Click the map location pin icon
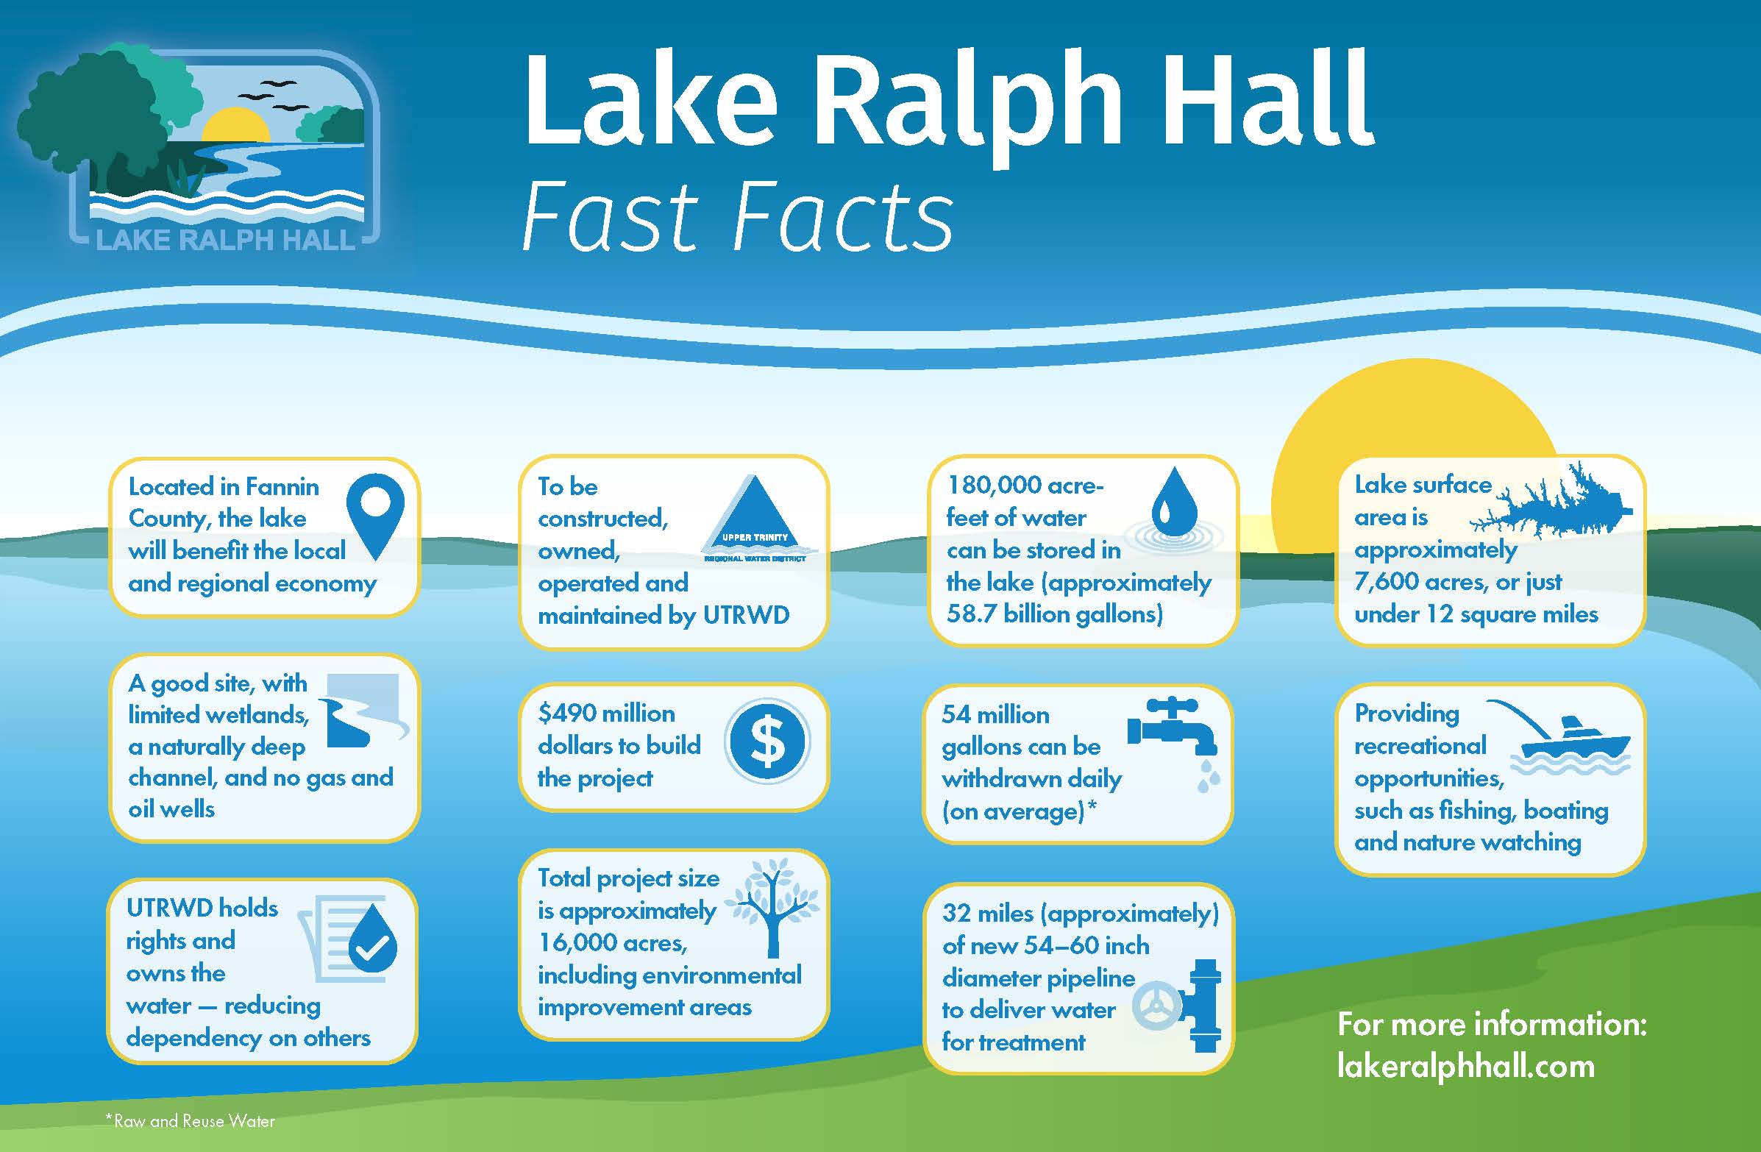(375, 515)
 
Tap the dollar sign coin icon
(767, 741)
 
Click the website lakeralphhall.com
(1465, 1065)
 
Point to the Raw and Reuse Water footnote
(191, 1120)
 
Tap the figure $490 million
(606, 713)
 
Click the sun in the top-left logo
(235, 125)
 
